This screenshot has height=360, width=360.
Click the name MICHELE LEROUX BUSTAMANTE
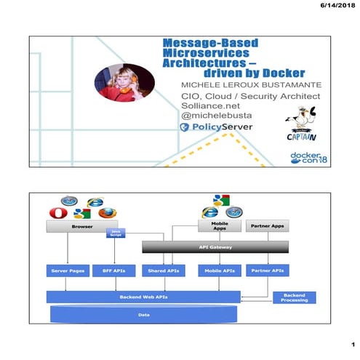point(241,85)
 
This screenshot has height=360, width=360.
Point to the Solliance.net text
point(208,105)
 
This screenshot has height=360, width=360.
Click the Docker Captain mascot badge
point(308,122)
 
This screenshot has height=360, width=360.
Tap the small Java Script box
point(115,233)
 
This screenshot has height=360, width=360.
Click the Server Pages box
point(66,271)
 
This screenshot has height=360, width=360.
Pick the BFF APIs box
point(113,271)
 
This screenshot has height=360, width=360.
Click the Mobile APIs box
point(219,271)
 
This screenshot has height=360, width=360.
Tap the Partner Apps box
point(267,227)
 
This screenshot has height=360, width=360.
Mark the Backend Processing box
point(295,297)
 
